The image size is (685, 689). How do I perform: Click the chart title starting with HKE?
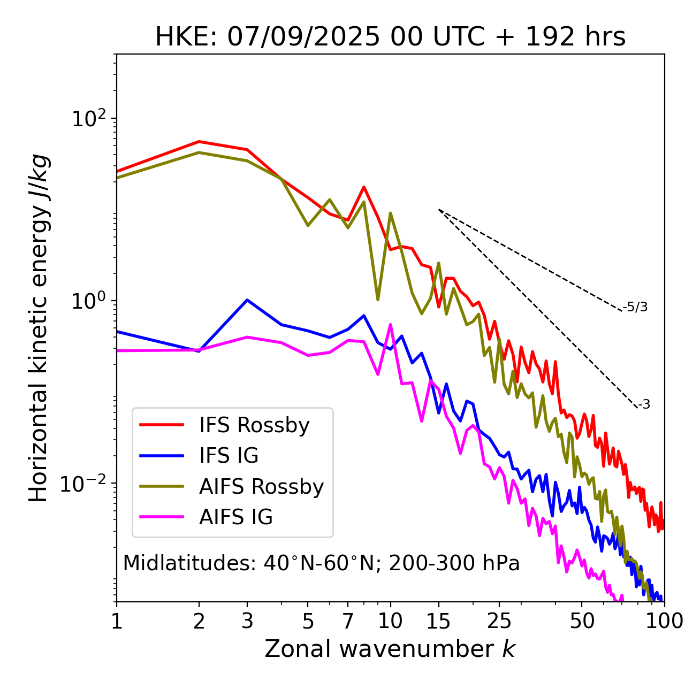click(x=390, y=37)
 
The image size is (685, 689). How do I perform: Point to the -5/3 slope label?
click(x=635, y=307)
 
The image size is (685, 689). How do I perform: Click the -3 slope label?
click(x=644, y=404)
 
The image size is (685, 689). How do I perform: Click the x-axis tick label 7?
click(x=348, y=621)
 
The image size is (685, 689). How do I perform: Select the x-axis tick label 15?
click(x=438, y=621)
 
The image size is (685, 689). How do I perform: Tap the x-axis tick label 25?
click(x=499, y=621)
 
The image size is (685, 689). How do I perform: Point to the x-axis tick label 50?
click(x=582, y=621)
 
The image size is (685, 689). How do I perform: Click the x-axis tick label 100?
click(x=664, y=621)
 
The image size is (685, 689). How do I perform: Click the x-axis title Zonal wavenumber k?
click(x=390, y=649)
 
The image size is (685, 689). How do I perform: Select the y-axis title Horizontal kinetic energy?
click(x=39, y=328)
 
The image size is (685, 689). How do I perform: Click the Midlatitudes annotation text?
click(x=321, y=563)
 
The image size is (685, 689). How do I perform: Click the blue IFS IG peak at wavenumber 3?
click(x=247, y=300)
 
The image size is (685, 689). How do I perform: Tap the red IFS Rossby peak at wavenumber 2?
click(x=199, y=142)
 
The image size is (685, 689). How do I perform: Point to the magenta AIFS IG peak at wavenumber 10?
click(x=390, y=324)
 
